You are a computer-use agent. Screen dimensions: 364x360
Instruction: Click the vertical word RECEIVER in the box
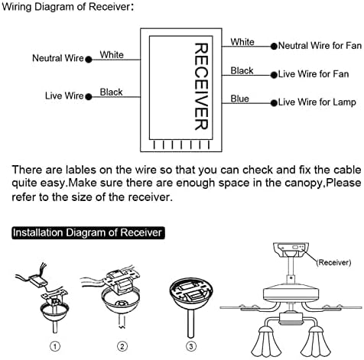point(201,86)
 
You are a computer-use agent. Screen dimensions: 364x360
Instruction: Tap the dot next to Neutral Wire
point(89,60)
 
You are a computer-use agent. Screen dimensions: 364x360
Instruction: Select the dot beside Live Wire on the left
point(89,97)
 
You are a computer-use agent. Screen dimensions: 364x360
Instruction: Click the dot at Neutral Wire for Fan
point(274,47)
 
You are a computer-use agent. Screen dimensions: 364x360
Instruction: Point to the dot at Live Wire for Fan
point(274,75)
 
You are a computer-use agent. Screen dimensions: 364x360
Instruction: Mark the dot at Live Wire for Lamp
point(274,103)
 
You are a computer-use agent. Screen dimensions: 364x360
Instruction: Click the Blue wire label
point(239,99)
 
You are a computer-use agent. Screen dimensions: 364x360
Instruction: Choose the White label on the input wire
point(112,55)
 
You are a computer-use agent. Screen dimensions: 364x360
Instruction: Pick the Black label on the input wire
point(111,92)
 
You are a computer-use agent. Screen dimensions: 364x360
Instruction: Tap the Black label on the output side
point(242,70)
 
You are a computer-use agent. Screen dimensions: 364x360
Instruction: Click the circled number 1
point(55,346)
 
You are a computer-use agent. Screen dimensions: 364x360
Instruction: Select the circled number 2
point(122,346)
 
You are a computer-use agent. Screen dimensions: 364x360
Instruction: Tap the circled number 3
point(191,346)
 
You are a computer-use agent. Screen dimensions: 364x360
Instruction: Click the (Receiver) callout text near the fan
point(333,262)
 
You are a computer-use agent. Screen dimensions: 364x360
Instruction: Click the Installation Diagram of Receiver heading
point(88,233)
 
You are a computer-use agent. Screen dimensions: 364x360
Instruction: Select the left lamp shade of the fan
point(265,342)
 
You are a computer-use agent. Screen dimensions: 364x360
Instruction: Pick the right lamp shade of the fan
point(315,342)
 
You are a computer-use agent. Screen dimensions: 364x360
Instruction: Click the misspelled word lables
point(81,170)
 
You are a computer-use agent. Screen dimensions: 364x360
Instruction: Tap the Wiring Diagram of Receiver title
point(67,6)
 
